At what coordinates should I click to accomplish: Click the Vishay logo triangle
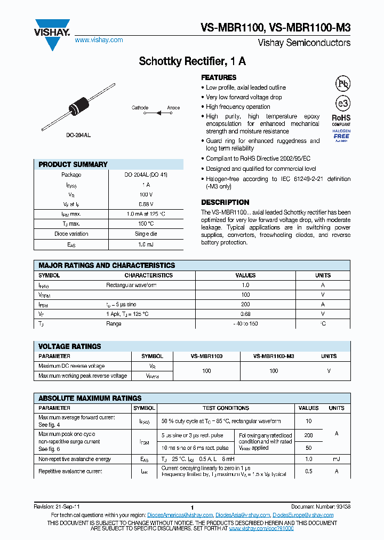[52, 33]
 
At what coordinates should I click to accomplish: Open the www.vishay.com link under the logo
[99, 40]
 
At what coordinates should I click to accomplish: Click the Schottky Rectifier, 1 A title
[192, 61]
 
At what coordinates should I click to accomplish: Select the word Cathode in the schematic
[140, 108]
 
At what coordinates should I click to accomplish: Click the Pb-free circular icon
[342, 83]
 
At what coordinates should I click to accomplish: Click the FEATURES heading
[219, 77]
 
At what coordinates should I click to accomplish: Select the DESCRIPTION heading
[225, 202]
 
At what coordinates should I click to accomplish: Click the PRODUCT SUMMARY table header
[73, 164]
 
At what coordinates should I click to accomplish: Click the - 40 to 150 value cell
[245, 323]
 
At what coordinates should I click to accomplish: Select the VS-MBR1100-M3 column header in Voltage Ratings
[273, 356]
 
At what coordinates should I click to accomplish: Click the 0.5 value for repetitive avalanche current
[308, 471]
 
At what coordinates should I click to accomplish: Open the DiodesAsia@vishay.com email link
[243, 515]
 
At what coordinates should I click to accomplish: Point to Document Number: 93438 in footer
[321, 507]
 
